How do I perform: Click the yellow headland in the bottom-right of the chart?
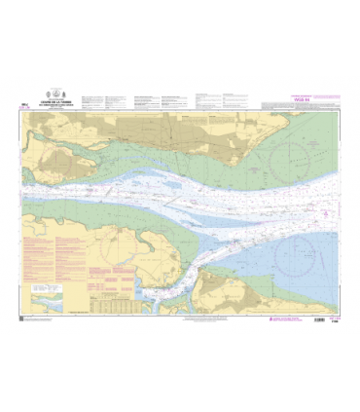[x=243, y=292]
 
